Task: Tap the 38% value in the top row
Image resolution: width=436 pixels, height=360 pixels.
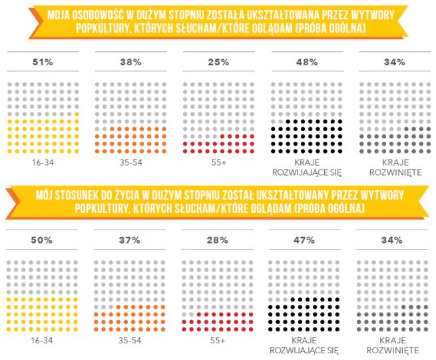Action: click(130, 63)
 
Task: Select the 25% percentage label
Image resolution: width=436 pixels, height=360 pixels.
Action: click(218, 63)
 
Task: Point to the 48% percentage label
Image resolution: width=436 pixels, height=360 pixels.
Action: click(307, 63)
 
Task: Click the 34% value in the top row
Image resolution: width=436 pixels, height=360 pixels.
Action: click(394, 63)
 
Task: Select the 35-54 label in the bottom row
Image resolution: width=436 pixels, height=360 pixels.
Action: click(130, 340)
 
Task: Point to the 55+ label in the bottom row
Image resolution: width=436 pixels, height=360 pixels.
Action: click(218, 340)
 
